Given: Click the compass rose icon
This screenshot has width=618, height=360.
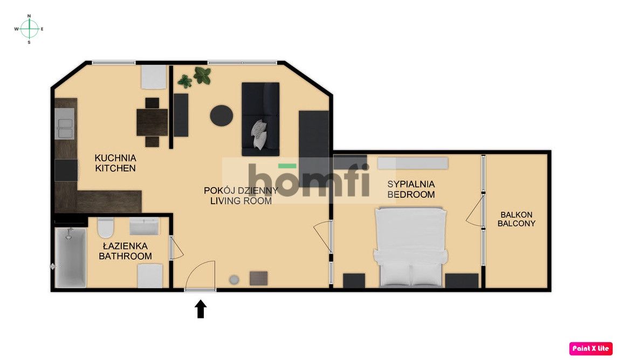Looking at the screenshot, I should point(29,29).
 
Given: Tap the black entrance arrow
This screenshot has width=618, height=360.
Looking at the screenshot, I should point(201,309).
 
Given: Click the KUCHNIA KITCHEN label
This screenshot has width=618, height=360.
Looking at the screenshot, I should point(115,163).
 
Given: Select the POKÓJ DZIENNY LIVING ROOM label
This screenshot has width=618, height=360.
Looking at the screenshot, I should point(241,195).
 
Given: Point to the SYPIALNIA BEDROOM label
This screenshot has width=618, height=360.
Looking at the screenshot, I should point(411,189).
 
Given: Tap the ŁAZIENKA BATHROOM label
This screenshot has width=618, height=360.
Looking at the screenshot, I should point(125,251).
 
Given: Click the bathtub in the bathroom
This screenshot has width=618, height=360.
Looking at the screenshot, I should point(71,257).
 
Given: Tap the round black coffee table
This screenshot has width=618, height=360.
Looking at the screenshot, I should point(221,115).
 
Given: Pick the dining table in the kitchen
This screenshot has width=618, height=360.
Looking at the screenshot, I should point(152,122).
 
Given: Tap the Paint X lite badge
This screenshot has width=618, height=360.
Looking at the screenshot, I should point(590,348).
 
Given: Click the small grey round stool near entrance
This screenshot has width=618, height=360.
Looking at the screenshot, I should point(235,279).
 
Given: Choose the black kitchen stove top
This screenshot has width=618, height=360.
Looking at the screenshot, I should point(66,170).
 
